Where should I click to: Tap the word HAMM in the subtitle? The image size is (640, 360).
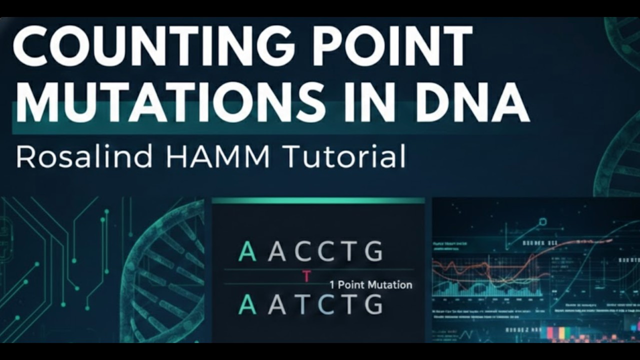pos(218,156)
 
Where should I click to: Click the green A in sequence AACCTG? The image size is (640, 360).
pos(247,251)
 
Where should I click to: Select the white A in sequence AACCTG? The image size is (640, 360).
pos(277,251)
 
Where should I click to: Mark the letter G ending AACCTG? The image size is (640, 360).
pos(373,251)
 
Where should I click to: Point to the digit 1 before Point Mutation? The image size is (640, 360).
pos(332,285)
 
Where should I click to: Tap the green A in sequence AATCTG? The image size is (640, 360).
pos(247,304)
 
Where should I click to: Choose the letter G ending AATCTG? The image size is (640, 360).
pos(373,304)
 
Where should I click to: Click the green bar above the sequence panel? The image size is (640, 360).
pos(318,200)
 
